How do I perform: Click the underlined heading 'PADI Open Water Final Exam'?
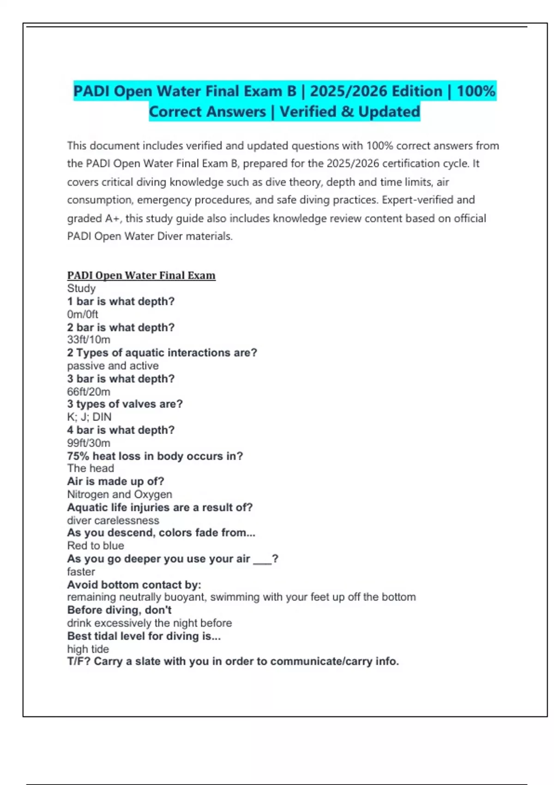(141, 275)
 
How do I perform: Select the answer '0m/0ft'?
(83, 314)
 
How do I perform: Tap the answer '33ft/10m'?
(89, 340)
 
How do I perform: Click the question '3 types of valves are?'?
(125, 404)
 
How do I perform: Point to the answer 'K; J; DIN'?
(89, 417)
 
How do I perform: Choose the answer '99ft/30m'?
(89, 443)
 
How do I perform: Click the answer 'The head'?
(90, 468)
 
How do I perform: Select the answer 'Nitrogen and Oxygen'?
(120, 495)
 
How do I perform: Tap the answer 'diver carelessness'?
(113, 520)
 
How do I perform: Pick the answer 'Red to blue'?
(96, 546)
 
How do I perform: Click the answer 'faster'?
(81, 572)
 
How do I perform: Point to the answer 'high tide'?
(88, 649)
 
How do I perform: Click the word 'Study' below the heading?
(81, 288)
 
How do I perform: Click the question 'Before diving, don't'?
(119, 610)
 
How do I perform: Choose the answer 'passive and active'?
(113, 366)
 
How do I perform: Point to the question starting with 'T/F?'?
(233, 661)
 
